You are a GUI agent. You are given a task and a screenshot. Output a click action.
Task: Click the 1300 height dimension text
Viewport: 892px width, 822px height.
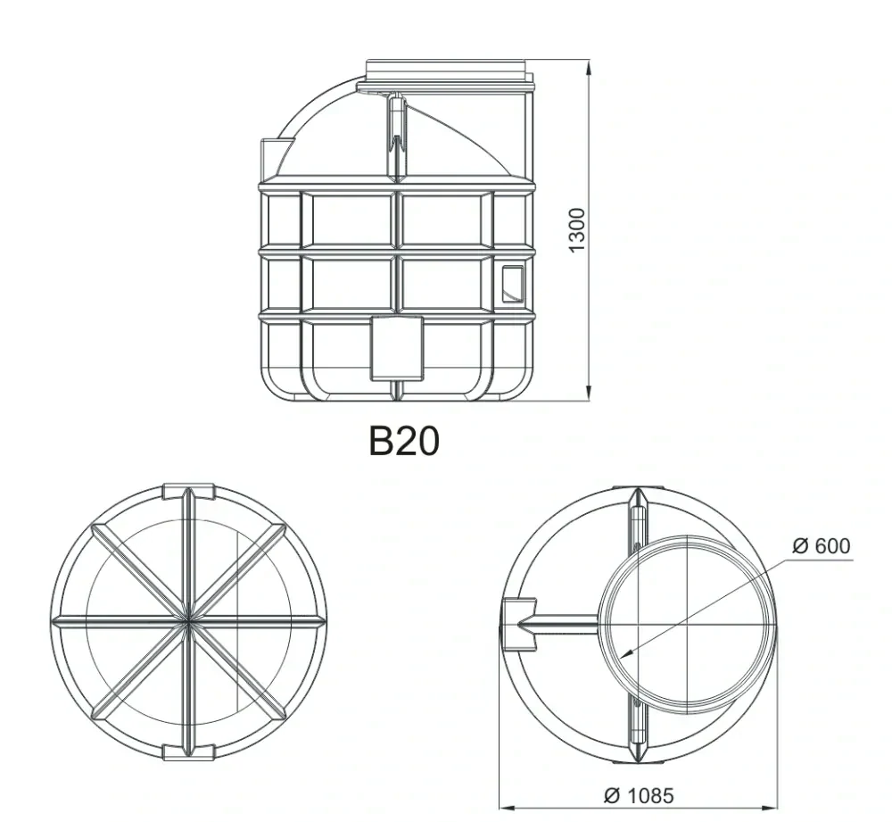click(x=576, y=230)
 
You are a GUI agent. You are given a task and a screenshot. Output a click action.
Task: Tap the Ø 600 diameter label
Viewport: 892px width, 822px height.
click(x=821, y=545)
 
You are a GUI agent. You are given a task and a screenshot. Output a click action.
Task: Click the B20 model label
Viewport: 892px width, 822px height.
click(x=404, y=441)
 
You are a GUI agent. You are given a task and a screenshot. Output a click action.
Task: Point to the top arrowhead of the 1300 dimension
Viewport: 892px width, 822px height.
click(x=589, y=69)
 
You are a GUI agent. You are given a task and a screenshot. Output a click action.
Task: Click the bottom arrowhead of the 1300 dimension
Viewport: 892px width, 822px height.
click(x=589, y=392)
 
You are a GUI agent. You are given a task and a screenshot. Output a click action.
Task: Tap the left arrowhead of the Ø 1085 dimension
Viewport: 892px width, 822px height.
click(x=508, y=807)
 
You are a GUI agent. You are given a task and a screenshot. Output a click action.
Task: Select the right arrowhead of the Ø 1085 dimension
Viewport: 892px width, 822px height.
click(x=769, y=807)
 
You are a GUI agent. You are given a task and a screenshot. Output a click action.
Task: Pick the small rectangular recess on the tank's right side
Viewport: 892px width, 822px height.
click(x=513, y=284)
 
